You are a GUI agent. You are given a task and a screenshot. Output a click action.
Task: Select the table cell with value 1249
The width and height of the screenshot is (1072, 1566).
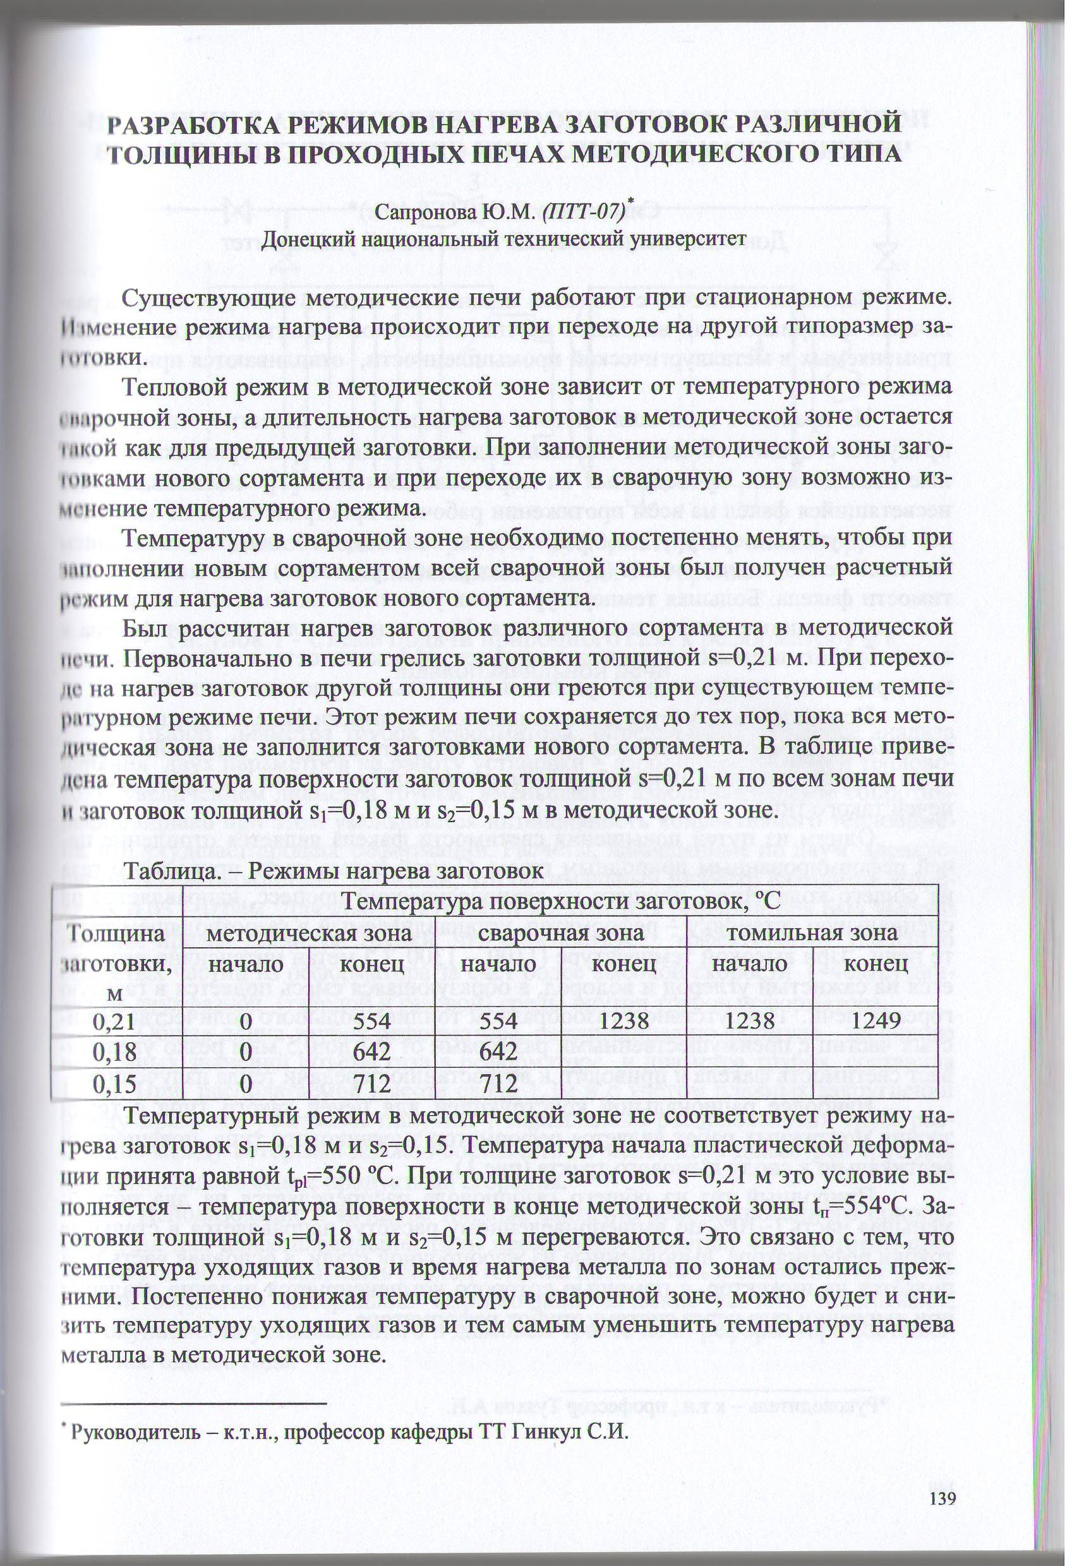pyautogui.click(x=876, y=1020)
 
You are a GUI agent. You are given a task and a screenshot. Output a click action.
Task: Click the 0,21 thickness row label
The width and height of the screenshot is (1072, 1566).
pyautogui.click(x=113, y=1020)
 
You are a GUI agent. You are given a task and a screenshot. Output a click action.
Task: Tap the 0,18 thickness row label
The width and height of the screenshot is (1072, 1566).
pyautogui.click(x=113, y=1052)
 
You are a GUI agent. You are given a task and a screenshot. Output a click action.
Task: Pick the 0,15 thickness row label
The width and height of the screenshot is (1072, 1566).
pyautogui.click(x=113, y=1084)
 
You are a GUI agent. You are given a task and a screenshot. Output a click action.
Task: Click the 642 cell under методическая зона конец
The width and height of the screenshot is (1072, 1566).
pyautogui.click(x=371, y=1052)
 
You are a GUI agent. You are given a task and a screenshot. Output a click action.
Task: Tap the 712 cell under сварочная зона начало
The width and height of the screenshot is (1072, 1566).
pyautogui.click(x=498, y=1084)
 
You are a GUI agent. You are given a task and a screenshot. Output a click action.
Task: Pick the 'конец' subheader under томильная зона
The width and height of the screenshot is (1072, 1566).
pyautogui.click(x=876, y=964)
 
